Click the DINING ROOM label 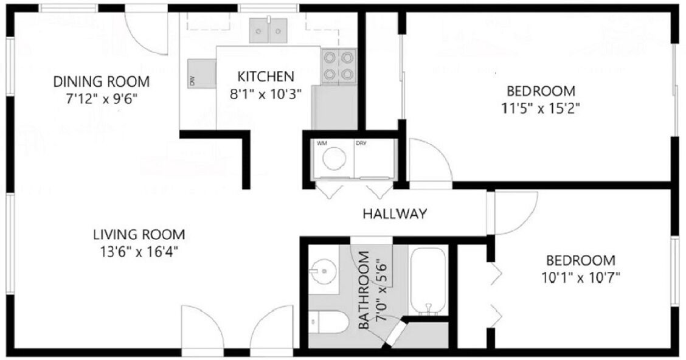(x=101, y=81)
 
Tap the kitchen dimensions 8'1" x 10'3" (x=266, y=94)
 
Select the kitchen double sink (x=268, y=30)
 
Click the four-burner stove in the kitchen (x=339, y=66)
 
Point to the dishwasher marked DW (x=202, y=74)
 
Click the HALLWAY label (x=395, y=213)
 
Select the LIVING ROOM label (x=139, y=235)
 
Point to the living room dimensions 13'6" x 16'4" (x=139, y=252)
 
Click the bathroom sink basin (x=324, y=270)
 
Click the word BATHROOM (x=364, y=290)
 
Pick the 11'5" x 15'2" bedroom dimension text (x=540, y=108)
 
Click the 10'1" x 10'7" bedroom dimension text (x=581, y=278)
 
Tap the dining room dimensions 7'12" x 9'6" (x=102, y=99)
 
